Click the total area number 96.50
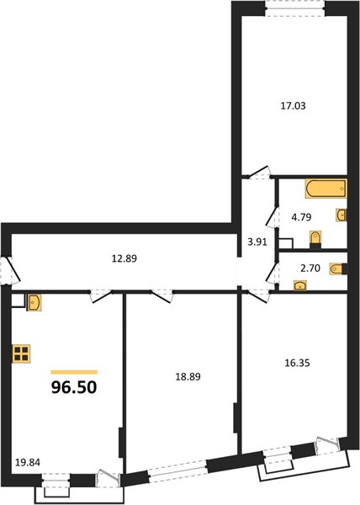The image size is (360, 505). pyautogui.click(x=74, y=387)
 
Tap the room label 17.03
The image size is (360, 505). pyautogui.click(x=293, y=106)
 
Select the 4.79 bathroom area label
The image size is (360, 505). pyautogui.click(x=301, y=217)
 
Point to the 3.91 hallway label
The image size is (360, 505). pyautogui.click(x=257, y=242)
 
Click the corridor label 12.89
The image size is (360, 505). pyautogui.click(x=124, y=258)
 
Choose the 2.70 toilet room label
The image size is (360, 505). pyautogui.click(x=310, y=268)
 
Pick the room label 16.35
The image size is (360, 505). pyautogui.click(x=297, y=364)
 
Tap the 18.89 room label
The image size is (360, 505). pyautogui.click(x=188, y=376)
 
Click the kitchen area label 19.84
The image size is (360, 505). pyautogui.click(x=28, y=463)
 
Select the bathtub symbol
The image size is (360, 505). pyautogui.click(x=326, y=188)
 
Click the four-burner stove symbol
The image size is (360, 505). pyautogui.click(x=21, y=353)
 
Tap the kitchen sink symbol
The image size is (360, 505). pyautogui.click(x=34, y=303)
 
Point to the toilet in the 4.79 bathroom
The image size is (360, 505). pyautogui.click(x=315, y=240)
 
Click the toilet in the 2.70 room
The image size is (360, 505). pyautogui.click(x=338, y=269)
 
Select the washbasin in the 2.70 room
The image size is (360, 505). pyautogui.click(x=299, y=285)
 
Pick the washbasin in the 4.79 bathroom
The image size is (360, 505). pyautogui.click(x=341, y=215)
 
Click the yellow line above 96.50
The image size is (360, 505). pyautogui.click(x=74, y=372)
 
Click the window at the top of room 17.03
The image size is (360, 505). pyautogui.click(x=294, y=8)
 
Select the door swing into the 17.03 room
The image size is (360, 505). pyautogui.click(x=259, y=173)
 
